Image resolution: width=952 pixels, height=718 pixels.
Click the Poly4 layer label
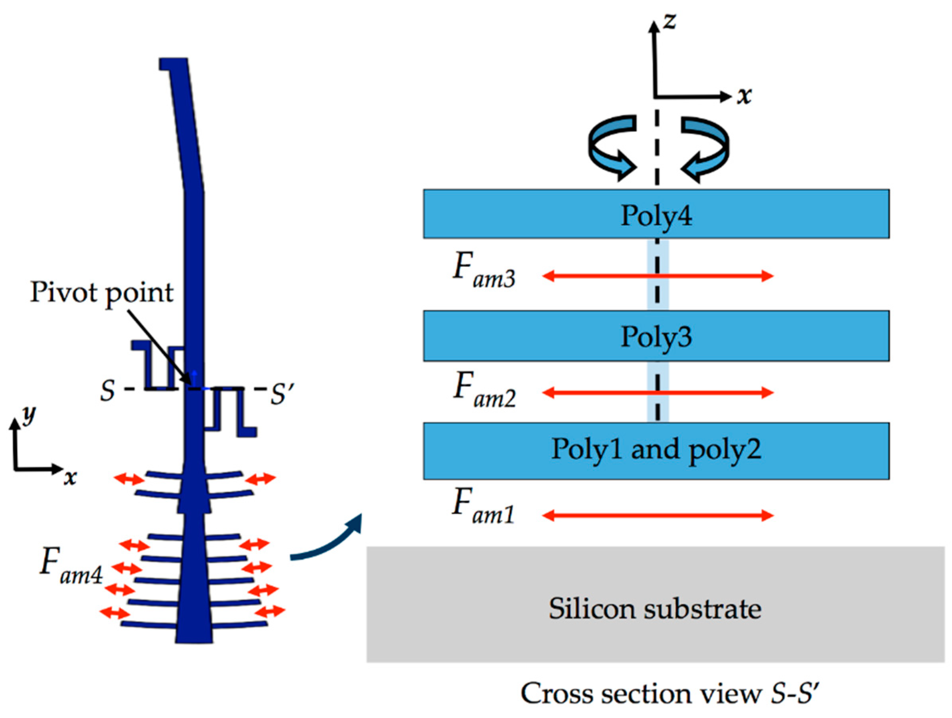(x=656, y=216)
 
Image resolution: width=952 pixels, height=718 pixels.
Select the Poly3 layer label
(x=656, y=337)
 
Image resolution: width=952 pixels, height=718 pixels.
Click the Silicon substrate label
(x=655, y=609)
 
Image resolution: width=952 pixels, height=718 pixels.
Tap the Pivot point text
(x=102, y=293)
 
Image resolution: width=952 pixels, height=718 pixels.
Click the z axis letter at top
(x=670, y=21)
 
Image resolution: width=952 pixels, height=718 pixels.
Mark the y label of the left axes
(x=29, y=415)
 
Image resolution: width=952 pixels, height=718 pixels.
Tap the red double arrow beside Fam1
(x=658, y=515)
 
